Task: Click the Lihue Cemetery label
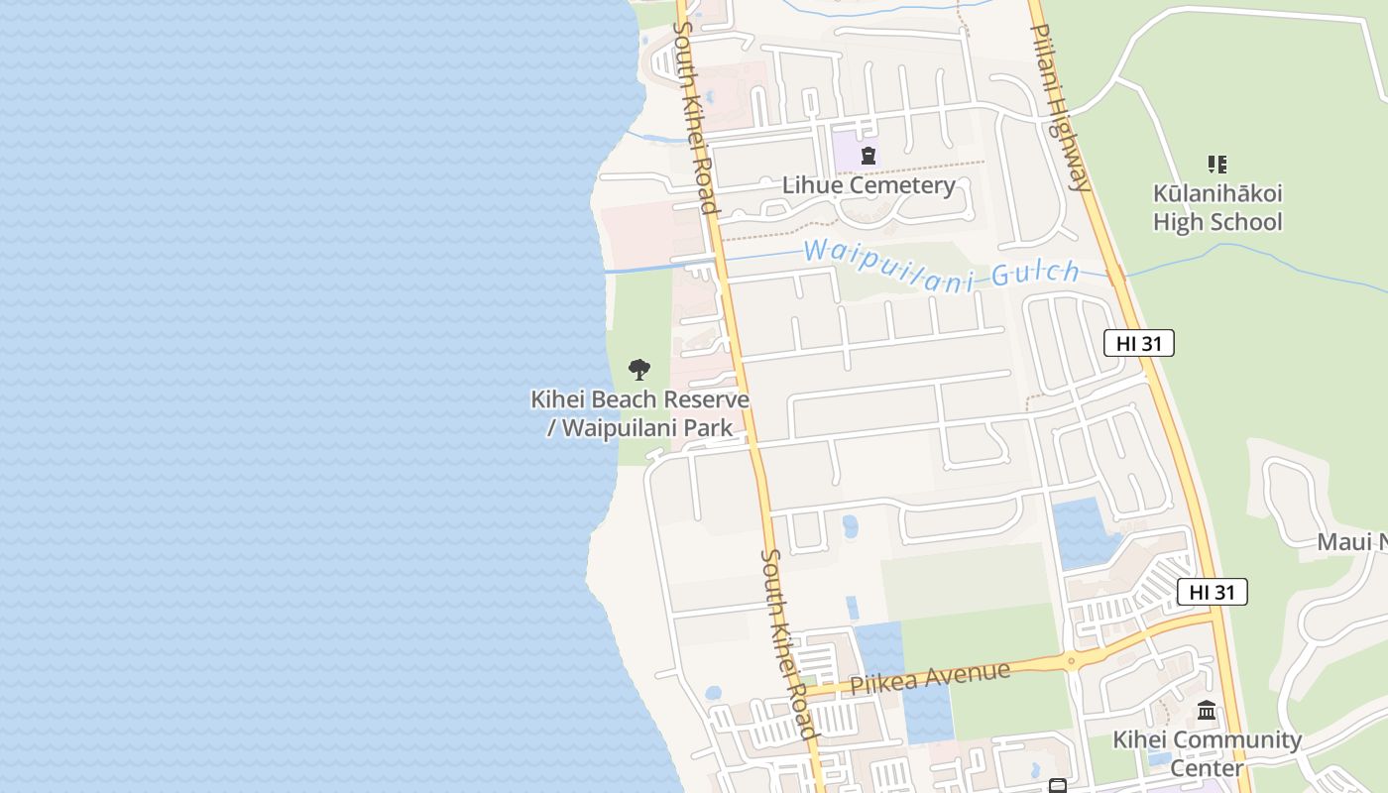tap(868, 185)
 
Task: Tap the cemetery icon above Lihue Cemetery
tap(868, 156)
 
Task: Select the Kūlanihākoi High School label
tap(1217, 207)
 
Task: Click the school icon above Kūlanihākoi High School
tap(1217, 164)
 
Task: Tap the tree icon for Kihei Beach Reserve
tap(639, 370)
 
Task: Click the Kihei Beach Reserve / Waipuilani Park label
tap(639, 413)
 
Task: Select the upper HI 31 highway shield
tap(1138, 344)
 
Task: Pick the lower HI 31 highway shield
tap(1212, 592)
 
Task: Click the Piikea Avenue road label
tap(930, 678)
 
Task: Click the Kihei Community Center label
tap(1207, 753)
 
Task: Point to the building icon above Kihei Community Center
tap(1207, 710)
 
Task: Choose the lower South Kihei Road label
tap(788, 644)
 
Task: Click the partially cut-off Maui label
tap(1352, 541)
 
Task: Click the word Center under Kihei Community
tap(1207, 767)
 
